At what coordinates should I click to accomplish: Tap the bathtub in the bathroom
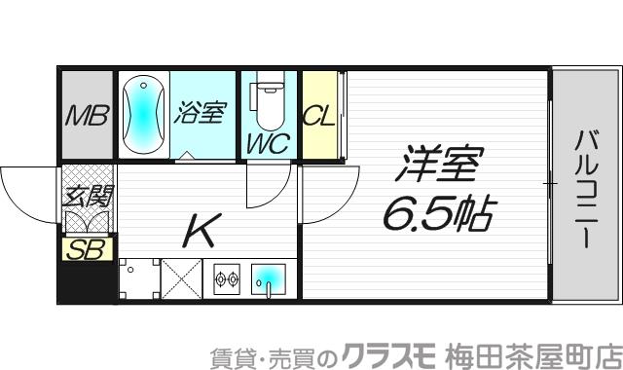(142, 114)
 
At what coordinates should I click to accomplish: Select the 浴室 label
(200, 112)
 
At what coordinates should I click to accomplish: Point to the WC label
(266, 144)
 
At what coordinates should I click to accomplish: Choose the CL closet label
(318, 116)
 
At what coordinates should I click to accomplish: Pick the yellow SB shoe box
(86, 249)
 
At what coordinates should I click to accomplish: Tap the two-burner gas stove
(226, 280)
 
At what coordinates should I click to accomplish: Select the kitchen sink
(270, 280)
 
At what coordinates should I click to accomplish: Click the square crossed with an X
(180, 279)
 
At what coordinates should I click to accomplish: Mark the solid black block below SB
(86, 282)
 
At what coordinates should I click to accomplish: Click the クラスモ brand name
(381, 351)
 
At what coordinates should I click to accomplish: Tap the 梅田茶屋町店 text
(526, 351)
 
